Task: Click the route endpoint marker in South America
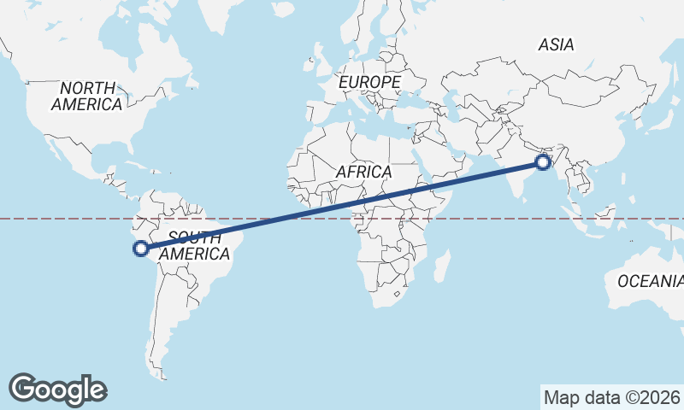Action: (x=141, y=249)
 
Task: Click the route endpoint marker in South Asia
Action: (x=542, y=161)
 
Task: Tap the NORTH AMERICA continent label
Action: (x=87, y=96)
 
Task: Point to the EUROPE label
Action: (x=369, y=82)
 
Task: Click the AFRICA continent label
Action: (x=363, y=172)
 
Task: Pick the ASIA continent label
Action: (x=556, y=44)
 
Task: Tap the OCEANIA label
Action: (x=650, y=280)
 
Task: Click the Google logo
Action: (x=58, y=389)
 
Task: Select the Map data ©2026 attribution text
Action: (x=611, y=397)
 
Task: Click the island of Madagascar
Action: (x=442, y=265)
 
